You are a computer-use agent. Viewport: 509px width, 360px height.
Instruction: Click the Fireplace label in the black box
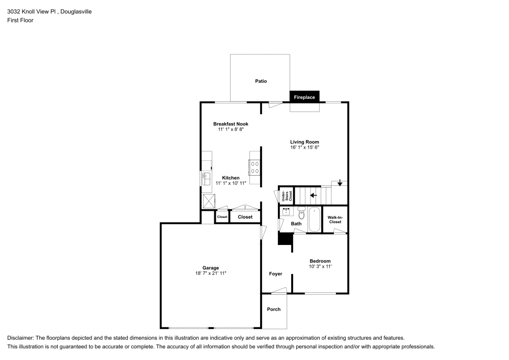point(304,97)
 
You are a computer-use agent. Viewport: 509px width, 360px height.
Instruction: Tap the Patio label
point(261,81)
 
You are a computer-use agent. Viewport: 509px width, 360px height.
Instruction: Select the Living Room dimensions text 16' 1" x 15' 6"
point(304,147)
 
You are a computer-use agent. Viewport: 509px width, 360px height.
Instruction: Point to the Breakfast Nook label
point(231,124)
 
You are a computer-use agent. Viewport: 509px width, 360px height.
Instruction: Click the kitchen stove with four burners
point(254,168)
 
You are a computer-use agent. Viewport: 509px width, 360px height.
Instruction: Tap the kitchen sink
point(206,179)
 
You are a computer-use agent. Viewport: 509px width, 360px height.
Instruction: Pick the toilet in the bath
point(301,213)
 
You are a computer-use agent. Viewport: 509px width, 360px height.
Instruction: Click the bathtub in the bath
point(314,219)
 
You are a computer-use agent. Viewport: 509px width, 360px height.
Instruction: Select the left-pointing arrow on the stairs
point(313,196)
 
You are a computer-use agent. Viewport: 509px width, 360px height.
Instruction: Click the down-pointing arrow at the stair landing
point(340,183)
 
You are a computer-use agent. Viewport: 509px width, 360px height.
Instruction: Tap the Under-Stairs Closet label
point(287,196)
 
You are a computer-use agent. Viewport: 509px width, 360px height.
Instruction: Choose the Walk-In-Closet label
point(335,220)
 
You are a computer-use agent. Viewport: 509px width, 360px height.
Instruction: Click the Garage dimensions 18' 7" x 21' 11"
point(211,273)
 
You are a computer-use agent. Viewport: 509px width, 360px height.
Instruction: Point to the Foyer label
point(275,274)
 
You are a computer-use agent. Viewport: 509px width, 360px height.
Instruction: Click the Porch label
point(274,310)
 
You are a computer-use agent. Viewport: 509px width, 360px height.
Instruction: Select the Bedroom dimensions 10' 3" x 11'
point(320,266)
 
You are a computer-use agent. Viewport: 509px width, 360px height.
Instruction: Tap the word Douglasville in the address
point(76,12)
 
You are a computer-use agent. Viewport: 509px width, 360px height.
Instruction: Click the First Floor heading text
point(20,20)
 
